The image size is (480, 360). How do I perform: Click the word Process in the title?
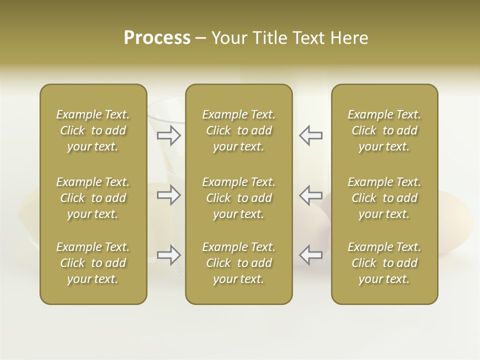pos(157,38)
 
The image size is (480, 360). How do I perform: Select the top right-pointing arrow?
pos(169,135)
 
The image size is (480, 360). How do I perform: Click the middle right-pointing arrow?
pos(169,195)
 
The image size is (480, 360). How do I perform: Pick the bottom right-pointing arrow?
pos(169,255)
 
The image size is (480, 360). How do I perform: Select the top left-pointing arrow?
pos(310,135)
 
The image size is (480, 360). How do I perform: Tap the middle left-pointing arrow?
pos(310,195)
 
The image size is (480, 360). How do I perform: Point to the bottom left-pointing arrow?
pos(310,255)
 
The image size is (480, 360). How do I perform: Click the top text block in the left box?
pos(93,130)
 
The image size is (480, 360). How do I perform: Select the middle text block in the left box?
pos(93,198)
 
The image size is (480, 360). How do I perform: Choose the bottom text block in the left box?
pos(93,263)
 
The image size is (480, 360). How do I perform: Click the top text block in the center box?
pos(239,130)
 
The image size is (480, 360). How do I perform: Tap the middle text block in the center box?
pos(239,198)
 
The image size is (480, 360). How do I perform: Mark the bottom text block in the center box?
pos(239,263)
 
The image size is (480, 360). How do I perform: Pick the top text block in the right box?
pos(384,130)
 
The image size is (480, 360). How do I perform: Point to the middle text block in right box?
pos(384,198)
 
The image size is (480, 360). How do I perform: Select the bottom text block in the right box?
pos(384,263)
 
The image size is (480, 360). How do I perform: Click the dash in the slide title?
pos(201,38)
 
